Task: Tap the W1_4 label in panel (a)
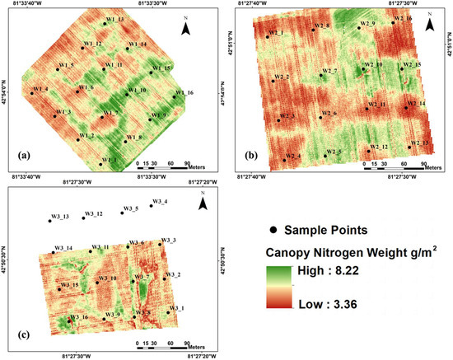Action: (x=40, y=89)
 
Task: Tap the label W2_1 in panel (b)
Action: (x=275, y=33)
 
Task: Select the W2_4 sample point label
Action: (x=292, y=157)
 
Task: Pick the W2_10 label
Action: (x=373, y=64)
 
